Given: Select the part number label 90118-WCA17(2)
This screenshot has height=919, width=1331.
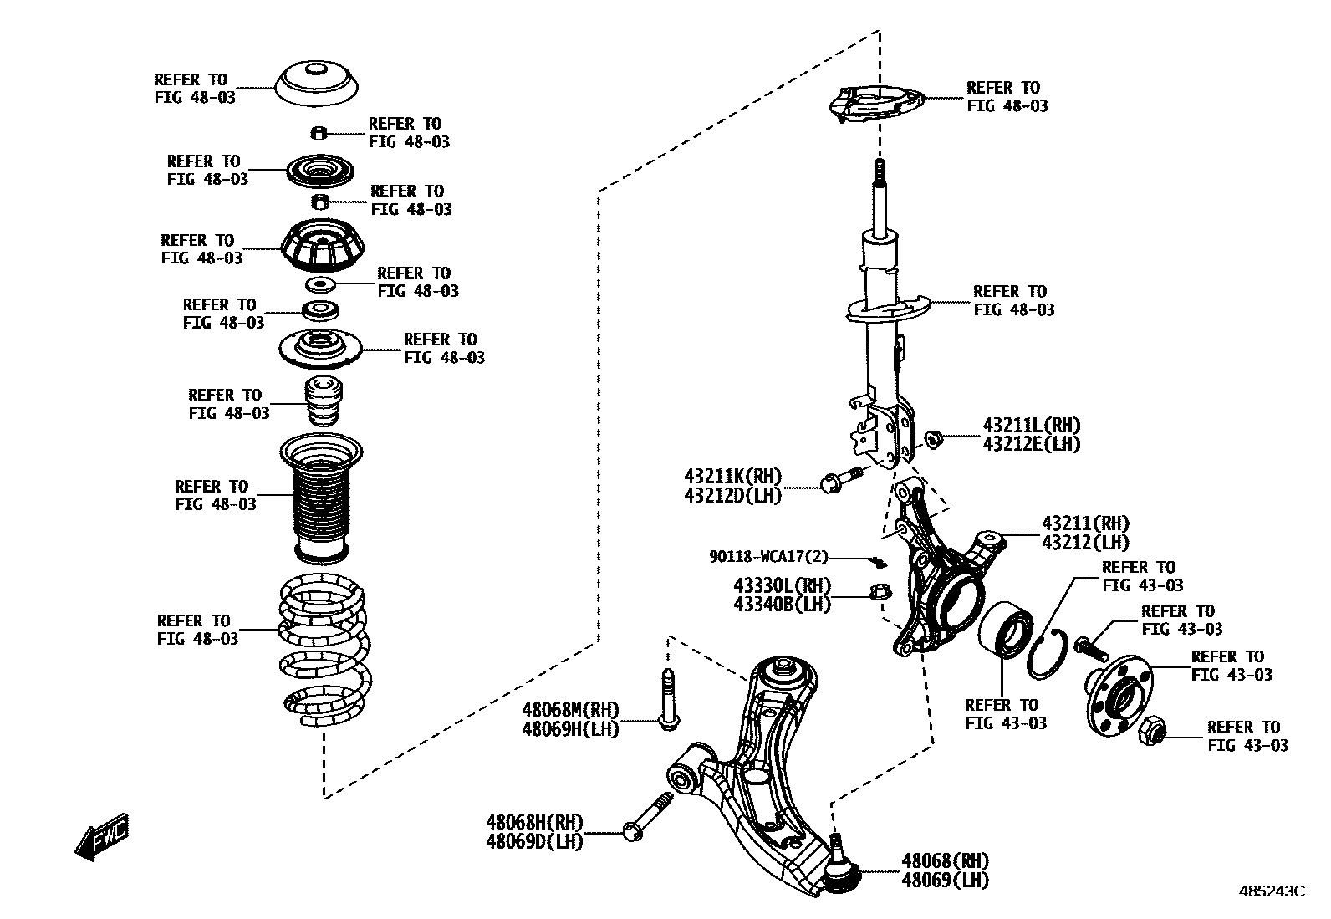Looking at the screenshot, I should tap(768, 556).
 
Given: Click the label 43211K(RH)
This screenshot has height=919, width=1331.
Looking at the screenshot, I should tap(732, 477).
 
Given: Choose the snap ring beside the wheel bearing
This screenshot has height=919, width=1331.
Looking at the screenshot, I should tap(1046, 654).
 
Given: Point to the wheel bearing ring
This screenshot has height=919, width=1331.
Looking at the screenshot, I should tap(1005, 639).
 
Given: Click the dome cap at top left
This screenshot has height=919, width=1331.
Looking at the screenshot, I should tap(318, 84).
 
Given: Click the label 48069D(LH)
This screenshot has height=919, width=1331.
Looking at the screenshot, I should tap(533, 840).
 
